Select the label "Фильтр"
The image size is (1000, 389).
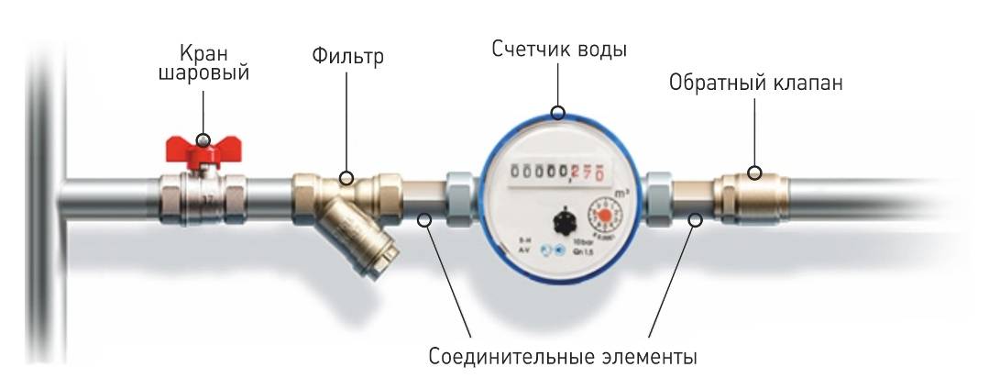(x=347, y=58)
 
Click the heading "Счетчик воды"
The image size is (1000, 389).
(x=559, y=49)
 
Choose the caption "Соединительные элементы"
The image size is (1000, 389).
(x=563, y=355)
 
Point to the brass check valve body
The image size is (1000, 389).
(x=743, y=194)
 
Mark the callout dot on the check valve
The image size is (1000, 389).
(x=754, y=172)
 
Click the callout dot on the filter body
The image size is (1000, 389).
(x=347, y=177)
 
